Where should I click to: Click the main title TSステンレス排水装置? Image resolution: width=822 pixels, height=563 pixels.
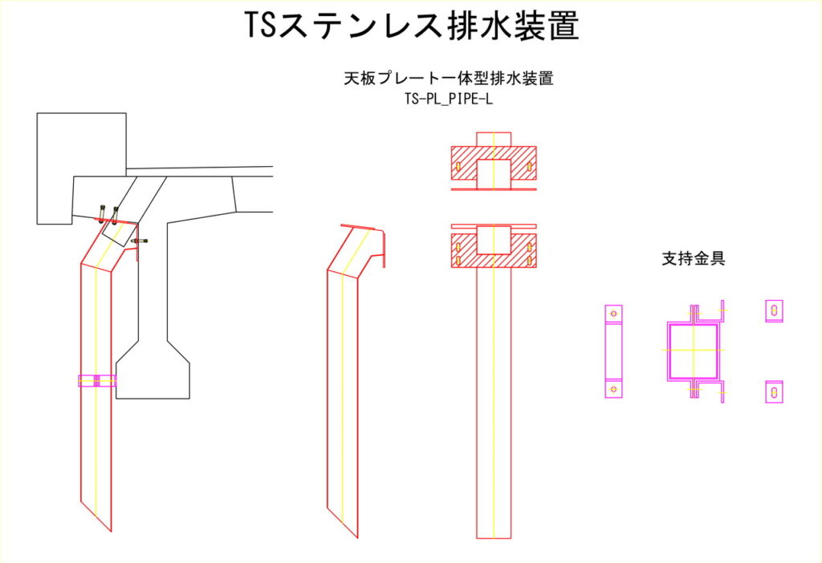point(411,26)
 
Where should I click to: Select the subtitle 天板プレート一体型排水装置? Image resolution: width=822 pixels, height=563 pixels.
point(449,79)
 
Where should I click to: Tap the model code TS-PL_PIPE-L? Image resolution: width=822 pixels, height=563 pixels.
point(449,100)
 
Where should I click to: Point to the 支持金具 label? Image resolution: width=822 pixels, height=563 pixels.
point(693,259)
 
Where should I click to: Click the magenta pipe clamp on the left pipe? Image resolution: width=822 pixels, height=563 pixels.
point(96,381)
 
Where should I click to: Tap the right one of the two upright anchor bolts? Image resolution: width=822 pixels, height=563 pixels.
point(116,213)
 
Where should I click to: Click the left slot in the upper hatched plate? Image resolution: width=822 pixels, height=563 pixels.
point(458,168)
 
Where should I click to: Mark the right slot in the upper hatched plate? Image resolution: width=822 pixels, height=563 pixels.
point(529,168)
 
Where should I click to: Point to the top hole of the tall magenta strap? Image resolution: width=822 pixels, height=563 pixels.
point(614,312)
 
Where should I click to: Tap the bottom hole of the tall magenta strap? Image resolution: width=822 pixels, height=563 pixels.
point(614,389)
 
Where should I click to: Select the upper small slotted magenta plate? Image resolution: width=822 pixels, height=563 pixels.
point(773,310)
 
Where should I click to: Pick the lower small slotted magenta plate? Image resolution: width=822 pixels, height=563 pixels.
point(773,391)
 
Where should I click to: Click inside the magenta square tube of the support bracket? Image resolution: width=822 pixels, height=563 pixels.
point(693,350)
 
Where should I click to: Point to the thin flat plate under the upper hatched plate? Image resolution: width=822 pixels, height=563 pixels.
point(494,190)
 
